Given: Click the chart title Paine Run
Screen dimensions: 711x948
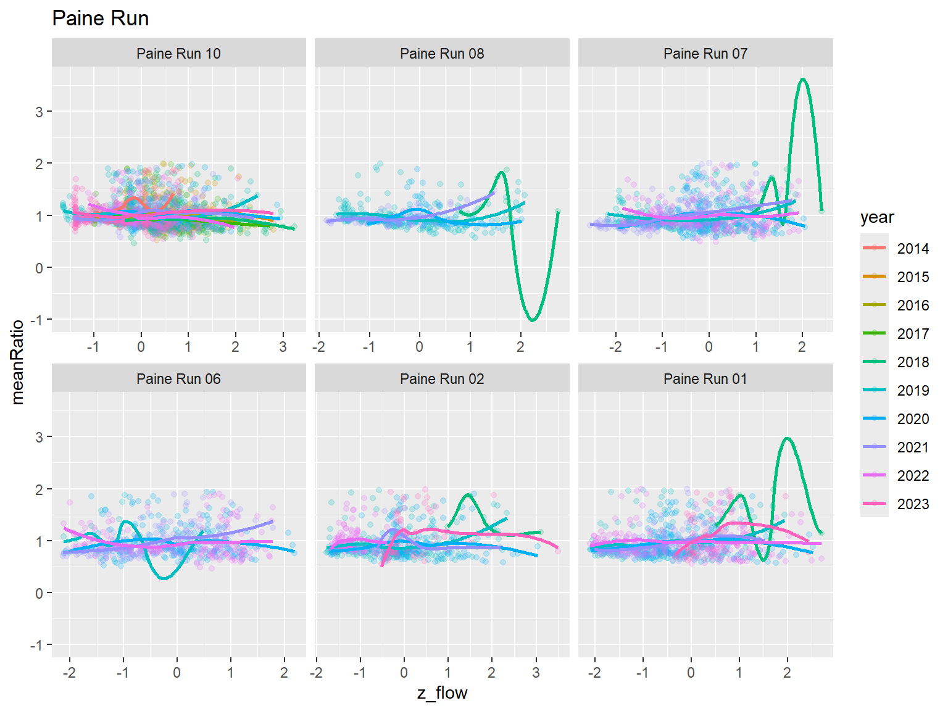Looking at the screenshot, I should pos(100,19).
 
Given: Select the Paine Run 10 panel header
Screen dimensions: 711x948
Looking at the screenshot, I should pos(178,54).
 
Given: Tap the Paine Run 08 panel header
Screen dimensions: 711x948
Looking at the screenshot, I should pos(442,54).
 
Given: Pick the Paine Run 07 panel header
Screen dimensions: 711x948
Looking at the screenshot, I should pos(705,54).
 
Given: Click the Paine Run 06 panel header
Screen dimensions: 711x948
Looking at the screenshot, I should pos(178,379).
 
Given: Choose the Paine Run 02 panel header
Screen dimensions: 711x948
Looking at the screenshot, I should pos(442,379).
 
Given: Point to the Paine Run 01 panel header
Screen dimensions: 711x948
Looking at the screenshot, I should pos(705,379).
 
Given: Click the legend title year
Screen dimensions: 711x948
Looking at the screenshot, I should pos(876,217).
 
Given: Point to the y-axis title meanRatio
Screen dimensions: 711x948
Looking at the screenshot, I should pos(17,362).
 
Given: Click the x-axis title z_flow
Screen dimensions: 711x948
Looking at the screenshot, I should pos(442,693).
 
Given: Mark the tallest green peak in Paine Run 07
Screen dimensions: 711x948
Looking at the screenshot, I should pos(802,79).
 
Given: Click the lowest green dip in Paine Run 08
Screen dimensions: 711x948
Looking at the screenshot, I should pos(533,320).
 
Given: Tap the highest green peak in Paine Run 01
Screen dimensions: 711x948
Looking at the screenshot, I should pos(787,438).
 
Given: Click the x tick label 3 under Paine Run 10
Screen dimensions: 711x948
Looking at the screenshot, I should pos(283,347).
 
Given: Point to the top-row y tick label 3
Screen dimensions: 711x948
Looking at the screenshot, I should pos(39,112).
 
